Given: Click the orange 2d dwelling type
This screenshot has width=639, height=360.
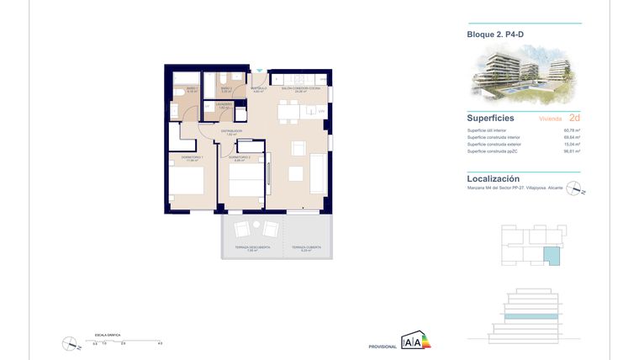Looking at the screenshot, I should [x=574, y=119].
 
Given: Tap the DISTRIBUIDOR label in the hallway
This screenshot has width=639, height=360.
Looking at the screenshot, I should [x=231, y=131].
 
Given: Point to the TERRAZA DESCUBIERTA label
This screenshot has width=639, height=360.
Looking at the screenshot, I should [x=253, y=247].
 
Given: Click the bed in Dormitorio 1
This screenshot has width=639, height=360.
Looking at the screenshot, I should [x=187, y=185].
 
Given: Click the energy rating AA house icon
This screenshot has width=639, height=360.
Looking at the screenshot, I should [x=415, y=341].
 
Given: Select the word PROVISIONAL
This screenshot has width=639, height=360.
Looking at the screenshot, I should [x=382, y=347].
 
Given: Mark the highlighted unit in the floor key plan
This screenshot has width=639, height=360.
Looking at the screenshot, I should [x=551, y=257].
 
